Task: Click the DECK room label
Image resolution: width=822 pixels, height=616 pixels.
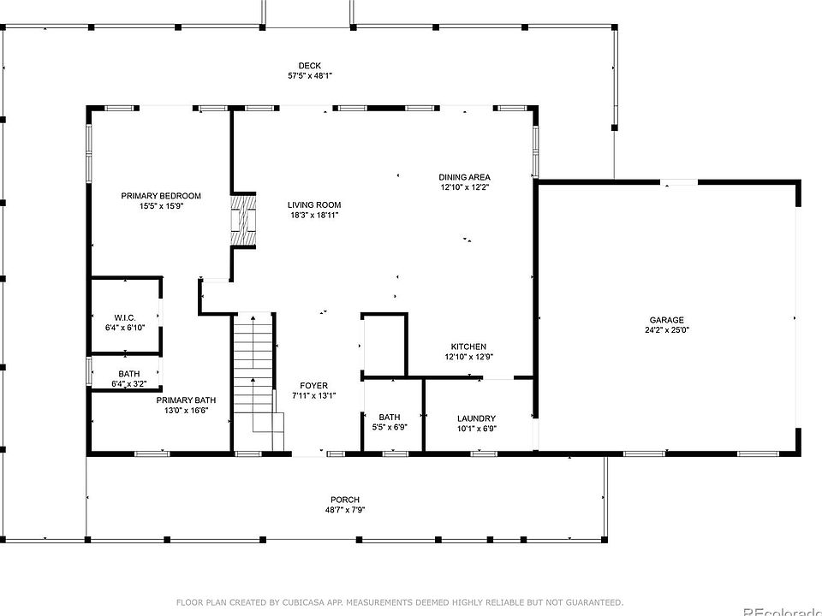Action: (x=309, y=66)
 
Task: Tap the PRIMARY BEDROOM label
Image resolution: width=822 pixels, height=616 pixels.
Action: (x=161, y=196)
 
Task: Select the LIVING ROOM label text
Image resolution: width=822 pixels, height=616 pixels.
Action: (x=314, y=204)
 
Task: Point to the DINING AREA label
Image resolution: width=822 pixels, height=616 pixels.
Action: (x=464, y=177)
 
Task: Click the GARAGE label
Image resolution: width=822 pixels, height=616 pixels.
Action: (x=667, y=320)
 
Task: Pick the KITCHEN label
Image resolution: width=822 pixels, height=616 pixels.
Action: (x=468, y=346)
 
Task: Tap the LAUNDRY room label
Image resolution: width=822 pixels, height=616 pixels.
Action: (x=477, y=418)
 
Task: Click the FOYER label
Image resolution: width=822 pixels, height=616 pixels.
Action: (x=314, y=386)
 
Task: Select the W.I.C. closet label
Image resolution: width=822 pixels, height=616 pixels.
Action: (x=125, y=318)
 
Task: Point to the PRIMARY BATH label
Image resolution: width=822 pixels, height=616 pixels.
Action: (x=186, y=400)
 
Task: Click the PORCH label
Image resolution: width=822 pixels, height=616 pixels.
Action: (x=345, y=500)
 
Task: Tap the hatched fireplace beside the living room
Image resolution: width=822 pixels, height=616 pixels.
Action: (x=244, y=219)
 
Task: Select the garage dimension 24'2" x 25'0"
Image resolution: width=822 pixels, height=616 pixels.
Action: (x=667, y=330)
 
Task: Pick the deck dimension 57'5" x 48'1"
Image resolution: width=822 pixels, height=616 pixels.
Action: (x=310, y=75)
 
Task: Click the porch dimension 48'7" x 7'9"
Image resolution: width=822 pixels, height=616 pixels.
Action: (x=345, y=510)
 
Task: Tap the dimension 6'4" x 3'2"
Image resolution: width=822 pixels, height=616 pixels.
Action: (x=129, y=384)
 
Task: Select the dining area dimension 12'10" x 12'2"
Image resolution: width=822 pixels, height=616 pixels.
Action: (x=464, y=187)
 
